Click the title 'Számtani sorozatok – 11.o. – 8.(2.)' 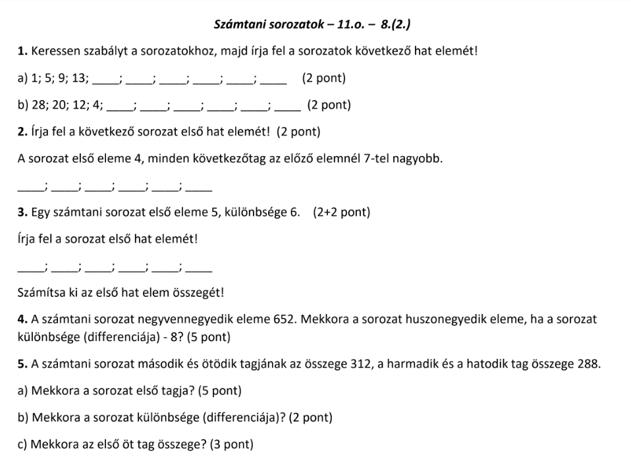314,25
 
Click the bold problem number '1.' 23,51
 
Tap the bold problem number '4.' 23,320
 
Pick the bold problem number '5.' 23,364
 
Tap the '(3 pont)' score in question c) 231,444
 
